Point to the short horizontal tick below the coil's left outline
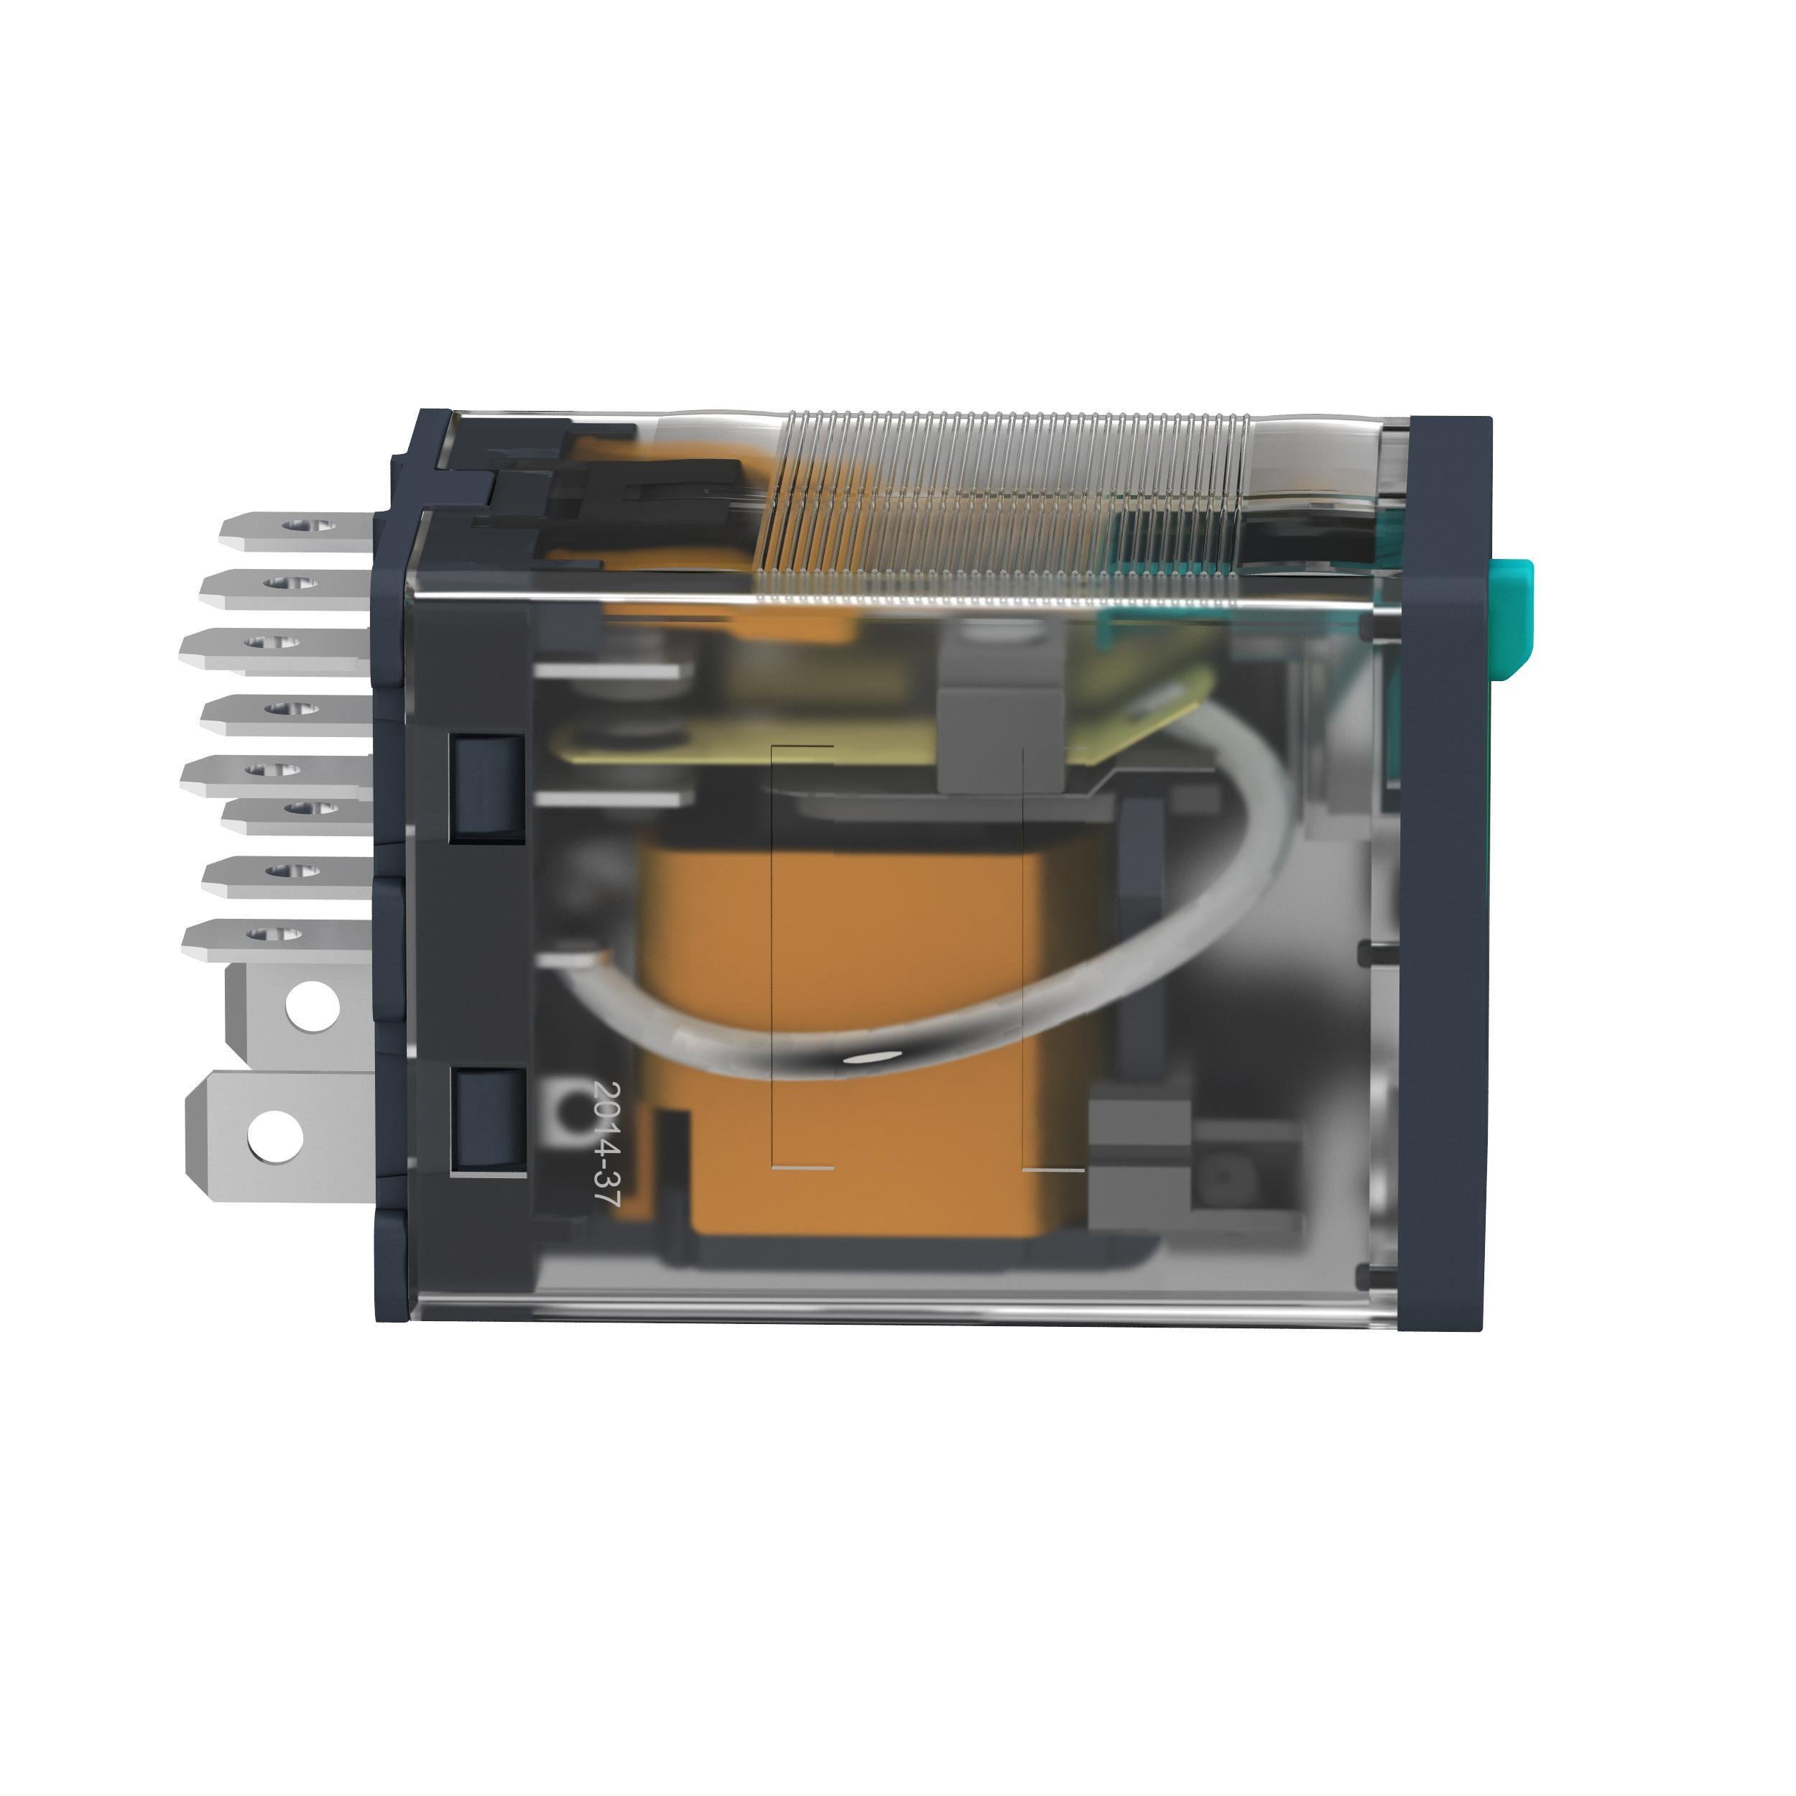803,1167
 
